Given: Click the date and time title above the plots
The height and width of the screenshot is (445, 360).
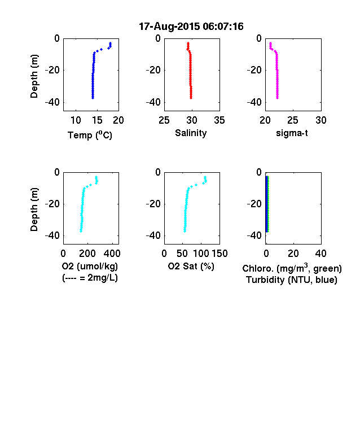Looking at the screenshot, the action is tap(191, 27).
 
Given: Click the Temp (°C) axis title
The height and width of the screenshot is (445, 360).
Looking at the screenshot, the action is tap(90, 135).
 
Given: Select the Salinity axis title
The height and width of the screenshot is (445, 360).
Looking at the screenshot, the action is tap(191, 133).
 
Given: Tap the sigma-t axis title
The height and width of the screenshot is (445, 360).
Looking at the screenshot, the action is tap(292, 133).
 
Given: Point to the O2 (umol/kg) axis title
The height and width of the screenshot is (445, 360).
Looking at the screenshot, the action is tap(90, 266).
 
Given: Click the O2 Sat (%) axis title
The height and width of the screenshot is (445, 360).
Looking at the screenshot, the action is tap(191, 266).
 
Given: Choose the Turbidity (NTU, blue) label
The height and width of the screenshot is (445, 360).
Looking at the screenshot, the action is tap(292, 280).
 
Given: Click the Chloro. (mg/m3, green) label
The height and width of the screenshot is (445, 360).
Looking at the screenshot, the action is tap(292, 268).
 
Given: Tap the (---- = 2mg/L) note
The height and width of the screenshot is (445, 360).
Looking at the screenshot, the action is tap(90, 277).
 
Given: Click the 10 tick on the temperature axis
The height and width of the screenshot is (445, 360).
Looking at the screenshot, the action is tap(76, 120).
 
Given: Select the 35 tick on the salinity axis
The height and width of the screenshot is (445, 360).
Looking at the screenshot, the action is tap(219, 120).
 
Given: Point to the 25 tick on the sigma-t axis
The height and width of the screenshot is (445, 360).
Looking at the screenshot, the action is tap(293, 120).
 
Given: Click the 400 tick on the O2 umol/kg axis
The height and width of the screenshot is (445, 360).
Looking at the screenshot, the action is tap(112, 254).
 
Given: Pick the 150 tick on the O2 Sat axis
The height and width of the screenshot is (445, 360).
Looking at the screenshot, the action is tap(219, 254).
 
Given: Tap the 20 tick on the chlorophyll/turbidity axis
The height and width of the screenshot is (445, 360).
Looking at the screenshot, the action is tap(293, 254).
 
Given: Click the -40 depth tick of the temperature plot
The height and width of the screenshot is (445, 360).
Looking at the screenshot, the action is tap(52, 102).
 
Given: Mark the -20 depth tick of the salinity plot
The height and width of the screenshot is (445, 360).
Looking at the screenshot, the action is tap(153, 70).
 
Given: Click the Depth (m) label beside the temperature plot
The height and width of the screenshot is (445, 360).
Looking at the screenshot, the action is tap(34, 76).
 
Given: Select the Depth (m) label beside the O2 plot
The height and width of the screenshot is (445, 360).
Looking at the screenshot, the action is tap(34, 210).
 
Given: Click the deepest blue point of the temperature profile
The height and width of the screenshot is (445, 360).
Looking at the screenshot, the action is tap(93, 98).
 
